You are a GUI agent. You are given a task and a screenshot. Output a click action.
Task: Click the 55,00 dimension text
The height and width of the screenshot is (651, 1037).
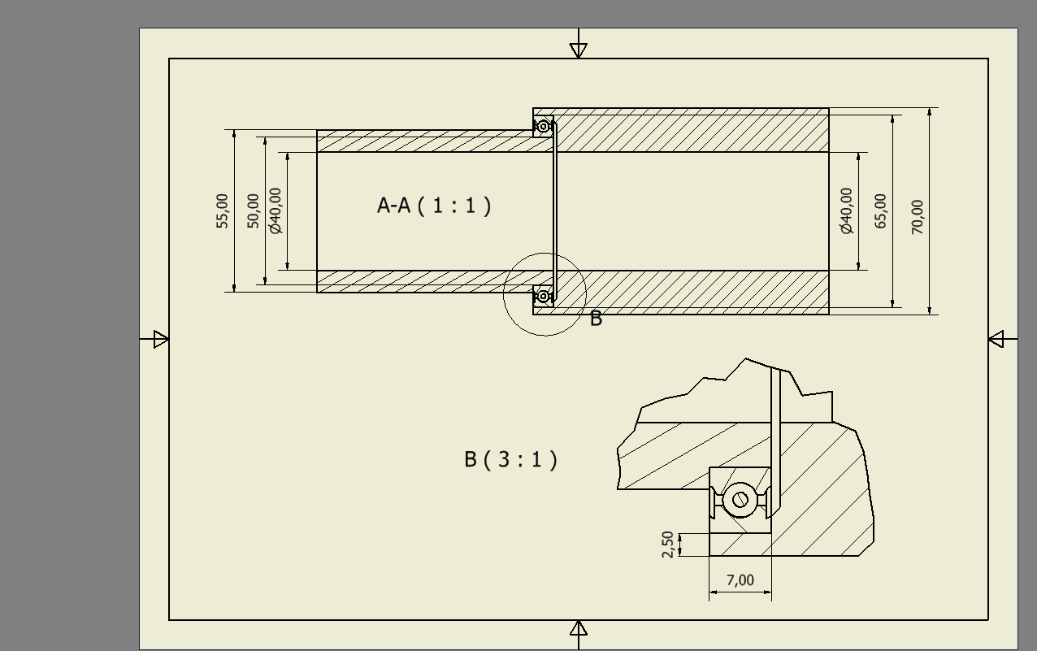point(223,210)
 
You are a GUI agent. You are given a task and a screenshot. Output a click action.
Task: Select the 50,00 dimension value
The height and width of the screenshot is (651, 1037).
point(254,210)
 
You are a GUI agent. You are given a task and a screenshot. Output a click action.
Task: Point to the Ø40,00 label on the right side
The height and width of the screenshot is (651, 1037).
point(847,210)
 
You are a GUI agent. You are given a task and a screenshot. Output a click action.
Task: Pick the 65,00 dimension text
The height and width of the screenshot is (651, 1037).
point(881,210)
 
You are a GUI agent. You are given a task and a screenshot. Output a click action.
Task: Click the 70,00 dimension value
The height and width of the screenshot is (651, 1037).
point(918,217)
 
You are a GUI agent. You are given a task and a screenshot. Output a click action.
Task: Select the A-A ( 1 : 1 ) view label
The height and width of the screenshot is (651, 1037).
point(434,206)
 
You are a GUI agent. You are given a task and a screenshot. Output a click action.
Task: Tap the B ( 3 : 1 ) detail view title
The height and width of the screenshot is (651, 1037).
point(511,460)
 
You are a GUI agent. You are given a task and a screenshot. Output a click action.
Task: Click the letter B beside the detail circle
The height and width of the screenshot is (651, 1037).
point(596,319)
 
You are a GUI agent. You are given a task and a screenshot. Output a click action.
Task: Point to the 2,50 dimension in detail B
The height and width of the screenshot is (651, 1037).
point(668,545)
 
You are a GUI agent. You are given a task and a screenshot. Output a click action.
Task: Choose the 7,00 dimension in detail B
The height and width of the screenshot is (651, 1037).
point(740,580)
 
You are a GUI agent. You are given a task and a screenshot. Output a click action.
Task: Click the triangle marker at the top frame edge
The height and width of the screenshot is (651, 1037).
point(578,50)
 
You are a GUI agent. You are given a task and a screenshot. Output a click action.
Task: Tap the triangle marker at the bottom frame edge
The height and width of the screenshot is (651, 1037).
point(578,628)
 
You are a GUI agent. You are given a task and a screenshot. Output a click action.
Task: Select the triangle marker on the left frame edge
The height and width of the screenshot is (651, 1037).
point(161,339)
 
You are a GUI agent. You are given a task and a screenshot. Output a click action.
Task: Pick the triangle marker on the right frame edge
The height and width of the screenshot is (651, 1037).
point(996,339)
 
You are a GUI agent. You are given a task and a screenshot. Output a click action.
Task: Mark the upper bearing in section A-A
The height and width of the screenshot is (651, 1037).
point(543,127)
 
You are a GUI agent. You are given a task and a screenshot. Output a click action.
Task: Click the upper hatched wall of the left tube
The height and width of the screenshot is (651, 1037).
point(423,141)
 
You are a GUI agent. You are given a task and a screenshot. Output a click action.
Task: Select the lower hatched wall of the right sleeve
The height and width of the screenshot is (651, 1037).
point(691,292)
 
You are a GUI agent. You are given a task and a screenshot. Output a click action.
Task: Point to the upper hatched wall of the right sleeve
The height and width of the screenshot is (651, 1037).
point(691,130)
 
